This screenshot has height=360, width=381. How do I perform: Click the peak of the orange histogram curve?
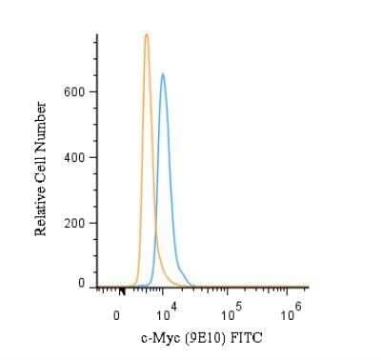coord(147,35)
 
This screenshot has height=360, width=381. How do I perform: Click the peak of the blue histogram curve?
coord(163,74)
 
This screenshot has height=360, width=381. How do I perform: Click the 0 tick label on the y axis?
coord(81,284)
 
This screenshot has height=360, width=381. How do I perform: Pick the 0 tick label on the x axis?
coord(117,315)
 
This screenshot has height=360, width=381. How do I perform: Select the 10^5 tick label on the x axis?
coord(229,313)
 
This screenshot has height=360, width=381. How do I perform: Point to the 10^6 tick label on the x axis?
coord(291,313)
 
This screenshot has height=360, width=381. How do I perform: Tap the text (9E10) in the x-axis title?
coord(208,338)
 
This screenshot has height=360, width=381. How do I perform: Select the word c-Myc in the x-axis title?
coord(162,338)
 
